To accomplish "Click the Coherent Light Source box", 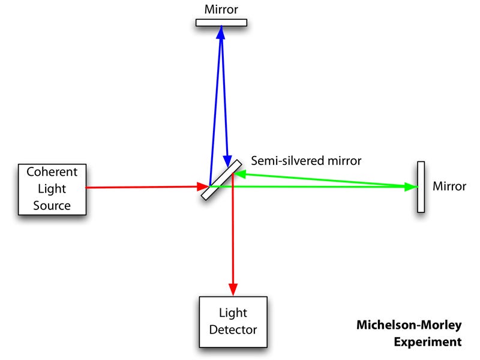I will [x=52, y=188].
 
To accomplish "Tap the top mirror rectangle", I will [x=221, y=23].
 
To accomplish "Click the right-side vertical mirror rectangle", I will [x=421, y=187].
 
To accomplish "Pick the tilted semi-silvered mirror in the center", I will [x=222, y=179].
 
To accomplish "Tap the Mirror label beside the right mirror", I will [x=449, y=187].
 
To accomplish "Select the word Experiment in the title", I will [x=427, y=342].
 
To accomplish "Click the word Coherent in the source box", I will [x=52, y=172].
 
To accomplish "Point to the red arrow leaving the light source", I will [x=144, y=187].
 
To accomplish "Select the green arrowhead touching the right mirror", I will [x=411, y=187].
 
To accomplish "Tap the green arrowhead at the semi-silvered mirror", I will [x=239, y=174].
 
